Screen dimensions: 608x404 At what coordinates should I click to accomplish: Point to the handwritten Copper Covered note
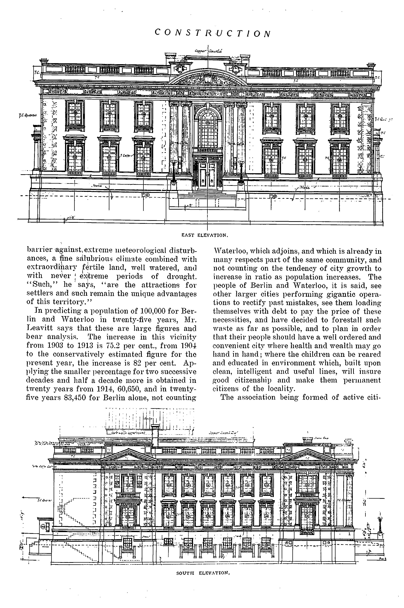208,51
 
